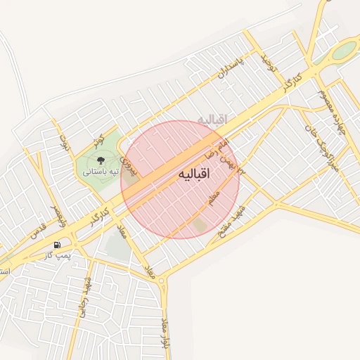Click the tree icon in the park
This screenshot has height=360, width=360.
point(99,158)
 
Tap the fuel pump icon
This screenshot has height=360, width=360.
point(56,245)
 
